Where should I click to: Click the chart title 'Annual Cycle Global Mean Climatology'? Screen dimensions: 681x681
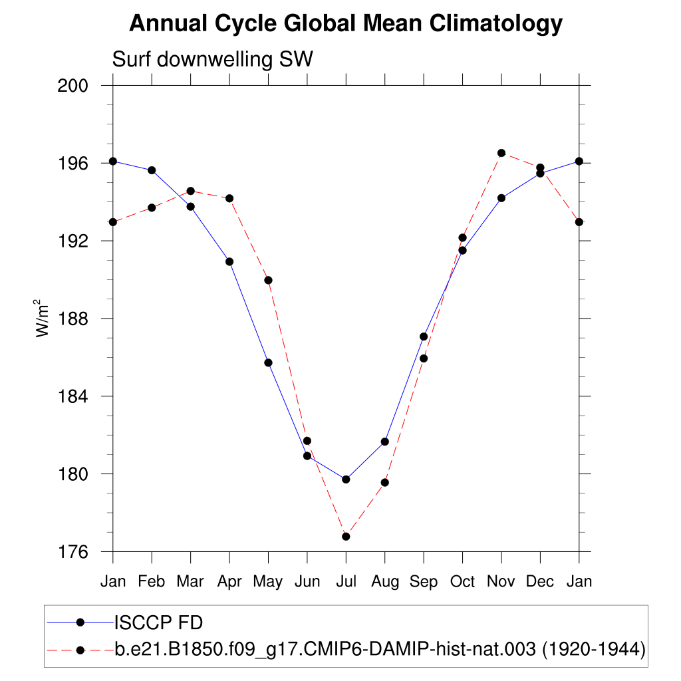pos(345,24)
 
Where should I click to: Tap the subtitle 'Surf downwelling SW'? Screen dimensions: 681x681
pos(212,60)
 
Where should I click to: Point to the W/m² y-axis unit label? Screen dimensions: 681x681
pos(43,318)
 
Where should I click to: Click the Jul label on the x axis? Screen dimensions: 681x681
pos(346,582)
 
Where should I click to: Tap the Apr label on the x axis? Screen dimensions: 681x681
pos(229,582)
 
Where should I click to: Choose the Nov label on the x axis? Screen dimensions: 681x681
pos(501,582)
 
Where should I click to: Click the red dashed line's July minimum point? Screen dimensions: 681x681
pos(346,536)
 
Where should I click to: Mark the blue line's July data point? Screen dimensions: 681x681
pos(346,479)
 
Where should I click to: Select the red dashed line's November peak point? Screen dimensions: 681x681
pos(501,153)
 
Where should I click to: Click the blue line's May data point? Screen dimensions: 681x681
pos(269,362)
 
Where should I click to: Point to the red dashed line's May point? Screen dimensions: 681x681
pos(269,280)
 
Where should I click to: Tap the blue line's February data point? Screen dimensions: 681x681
pos(152,170)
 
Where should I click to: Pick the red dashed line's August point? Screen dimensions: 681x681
pos(384,482)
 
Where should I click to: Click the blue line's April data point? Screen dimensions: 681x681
pos(229,261)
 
